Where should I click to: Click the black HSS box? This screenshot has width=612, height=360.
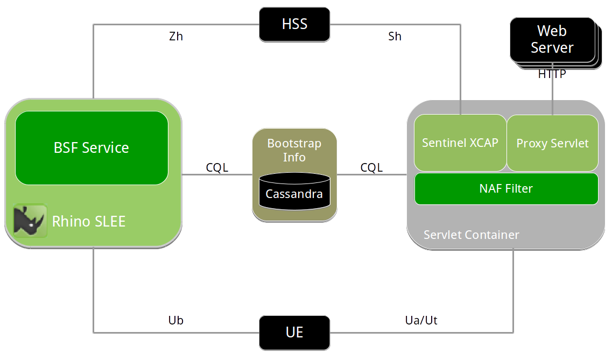294,24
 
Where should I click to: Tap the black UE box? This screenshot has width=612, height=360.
294,333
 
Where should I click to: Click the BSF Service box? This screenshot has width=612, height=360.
92,148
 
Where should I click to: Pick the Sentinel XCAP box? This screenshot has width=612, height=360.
460,143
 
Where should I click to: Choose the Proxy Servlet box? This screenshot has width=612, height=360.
552,143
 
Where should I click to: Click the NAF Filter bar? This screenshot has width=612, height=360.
506,188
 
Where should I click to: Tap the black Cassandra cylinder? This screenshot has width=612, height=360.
294,193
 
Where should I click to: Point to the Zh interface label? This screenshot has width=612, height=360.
176,37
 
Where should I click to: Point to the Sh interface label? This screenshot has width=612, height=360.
395,37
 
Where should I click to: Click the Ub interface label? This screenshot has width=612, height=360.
176,320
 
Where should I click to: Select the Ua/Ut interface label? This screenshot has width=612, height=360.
421,320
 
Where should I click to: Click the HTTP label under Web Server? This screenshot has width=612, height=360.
552,75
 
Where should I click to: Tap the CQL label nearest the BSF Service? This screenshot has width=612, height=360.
217,167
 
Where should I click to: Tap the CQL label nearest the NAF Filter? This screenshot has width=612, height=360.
371,167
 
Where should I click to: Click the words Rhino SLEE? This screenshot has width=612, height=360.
89,221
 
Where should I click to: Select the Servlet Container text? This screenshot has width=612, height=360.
471,235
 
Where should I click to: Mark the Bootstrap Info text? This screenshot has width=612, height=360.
294,150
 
